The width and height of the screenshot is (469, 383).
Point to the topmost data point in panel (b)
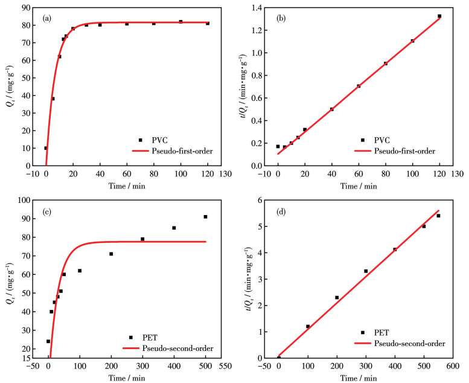tap(439, 16)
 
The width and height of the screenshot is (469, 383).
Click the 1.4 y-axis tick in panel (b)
tap(261, 8)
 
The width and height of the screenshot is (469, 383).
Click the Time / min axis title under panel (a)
tap(126, 185)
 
